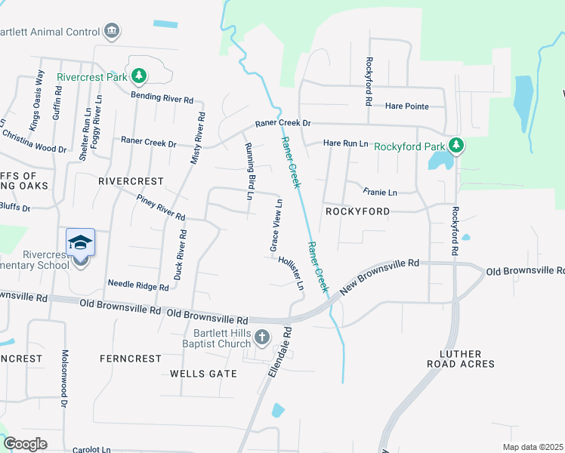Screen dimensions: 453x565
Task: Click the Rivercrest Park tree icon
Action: coord(138,75)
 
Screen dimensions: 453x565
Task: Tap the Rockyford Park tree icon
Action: coord(455,145)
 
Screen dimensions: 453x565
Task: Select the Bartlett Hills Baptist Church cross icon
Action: coord(262,337)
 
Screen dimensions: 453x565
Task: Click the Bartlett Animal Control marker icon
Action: coord(112,32)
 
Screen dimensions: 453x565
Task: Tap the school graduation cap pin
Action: coord(80,243)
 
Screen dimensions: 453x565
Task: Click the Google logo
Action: coord(25,444)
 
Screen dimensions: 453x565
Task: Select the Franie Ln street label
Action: coord(379,193)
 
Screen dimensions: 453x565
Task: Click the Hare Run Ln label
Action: coord(345,143)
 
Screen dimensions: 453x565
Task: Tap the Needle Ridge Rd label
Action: coord(138,285)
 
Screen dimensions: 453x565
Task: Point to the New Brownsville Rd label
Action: coord(379,275)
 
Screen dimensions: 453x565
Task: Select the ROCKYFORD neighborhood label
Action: coord(357,211)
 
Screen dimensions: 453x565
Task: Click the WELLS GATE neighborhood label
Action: coord(200,373)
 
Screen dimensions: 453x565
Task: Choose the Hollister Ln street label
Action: coord(291,273)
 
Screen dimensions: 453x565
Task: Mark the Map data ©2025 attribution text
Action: coord(533,447)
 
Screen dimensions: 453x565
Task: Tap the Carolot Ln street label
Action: coord(92,449)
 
